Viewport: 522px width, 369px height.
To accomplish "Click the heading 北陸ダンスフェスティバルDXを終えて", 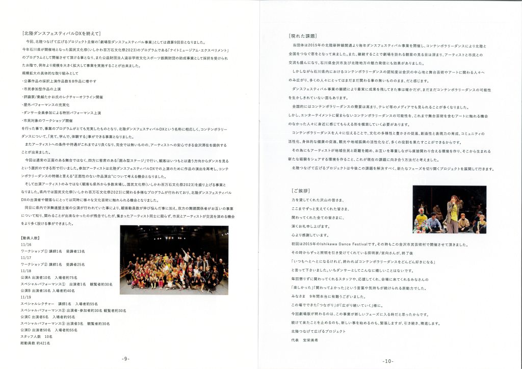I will click(61, 32).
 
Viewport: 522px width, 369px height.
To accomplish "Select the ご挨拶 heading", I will click(296, 190).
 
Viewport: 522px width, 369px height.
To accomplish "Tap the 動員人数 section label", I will click(31, 238).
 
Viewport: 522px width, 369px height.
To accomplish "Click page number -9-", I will click(126, 359).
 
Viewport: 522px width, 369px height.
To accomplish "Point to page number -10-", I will click(388, 361).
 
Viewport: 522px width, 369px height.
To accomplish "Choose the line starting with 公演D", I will click(49, 330).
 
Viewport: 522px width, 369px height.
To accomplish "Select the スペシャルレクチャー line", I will click(59, 304).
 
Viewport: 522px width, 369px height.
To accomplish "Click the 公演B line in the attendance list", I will click(48, 291).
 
